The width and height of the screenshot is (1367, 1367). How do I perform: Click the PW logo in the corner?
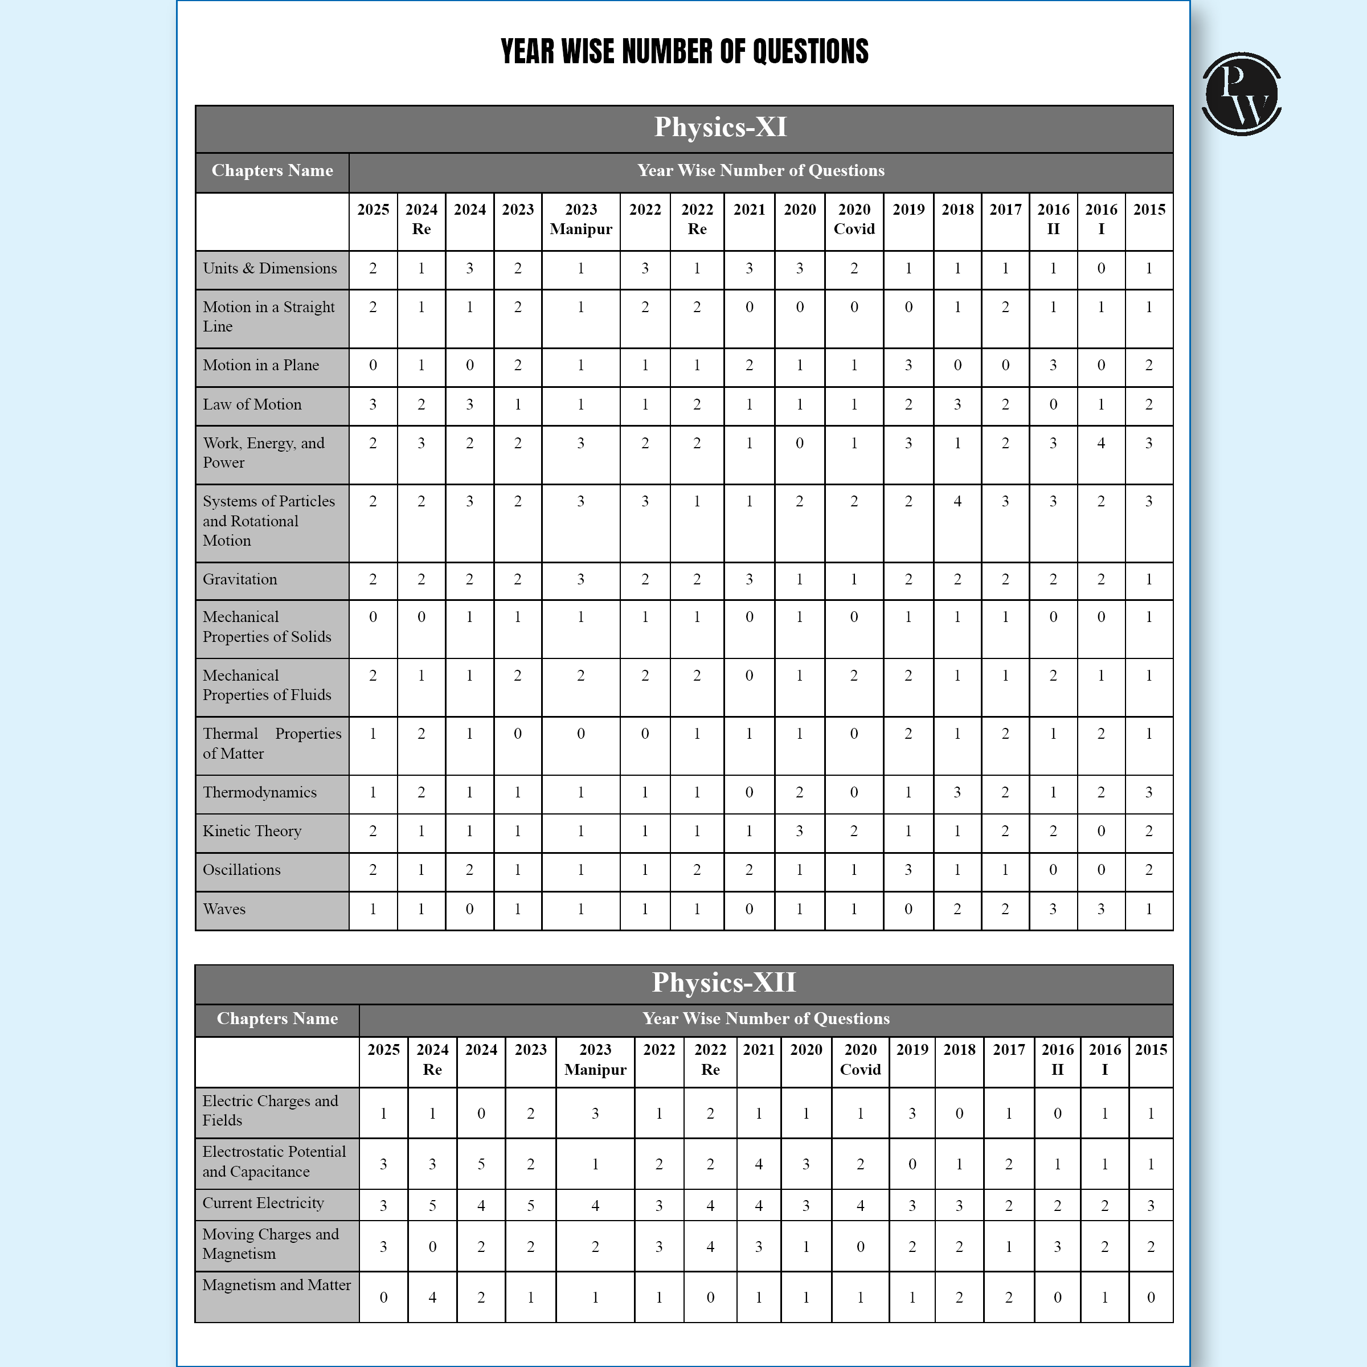click(x=1241, y=94)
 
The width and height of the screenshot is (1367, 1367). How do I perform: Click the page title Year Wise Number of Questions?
click(x=683, y=52)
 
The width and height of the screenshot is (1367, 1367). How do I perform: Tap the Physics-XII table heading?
click(x=723, y=983)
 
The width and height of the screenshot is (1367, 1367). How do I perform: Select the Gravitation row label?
click(x=240, y=579)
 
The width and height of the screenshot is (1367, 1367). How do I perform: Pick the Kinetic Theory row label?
click(x=252, y=832)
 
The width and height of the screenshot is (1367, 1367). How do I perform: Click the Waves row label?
click(x=224, y=909)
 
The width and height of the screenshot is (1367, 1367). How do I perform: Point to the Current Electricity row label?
click(x=263, y=1204)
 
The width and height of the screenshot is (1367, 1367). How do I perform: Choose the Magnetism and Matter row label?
click(x=277, y=1286)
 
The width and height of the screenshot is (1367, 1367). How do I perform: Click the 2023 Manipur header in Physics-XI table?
click(x=581, y=219)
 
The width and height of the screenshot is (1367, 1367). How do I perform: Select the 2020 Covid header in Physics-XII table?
click(x=861, y=1060)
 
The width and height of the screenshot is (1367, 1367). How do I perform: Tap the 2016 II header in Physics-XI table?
click(x=1053, y=219)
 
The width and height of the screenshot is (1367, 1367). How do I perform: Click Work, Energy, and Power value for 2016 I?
click(x=1101, y=444)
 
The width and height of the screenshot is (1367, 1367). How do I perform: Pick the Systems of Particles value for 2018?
click(x=957, y=502)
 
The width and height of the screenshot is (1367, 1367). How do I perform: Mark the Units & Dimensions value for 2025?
click(x=373, y=269)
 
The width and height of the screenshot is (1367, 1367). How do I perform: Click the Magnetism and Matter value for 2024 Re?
click(x=432, y=1298)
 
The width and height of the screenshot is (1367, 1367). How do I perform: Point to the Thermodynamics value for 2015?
click(x=1149, y=792)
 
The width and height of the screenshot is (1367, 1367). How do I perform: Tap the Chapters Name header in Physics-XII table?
click(x=277, y=1019)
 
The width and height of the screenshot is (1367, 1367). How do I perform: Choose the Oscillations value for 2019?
click(x=908, y=870)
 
